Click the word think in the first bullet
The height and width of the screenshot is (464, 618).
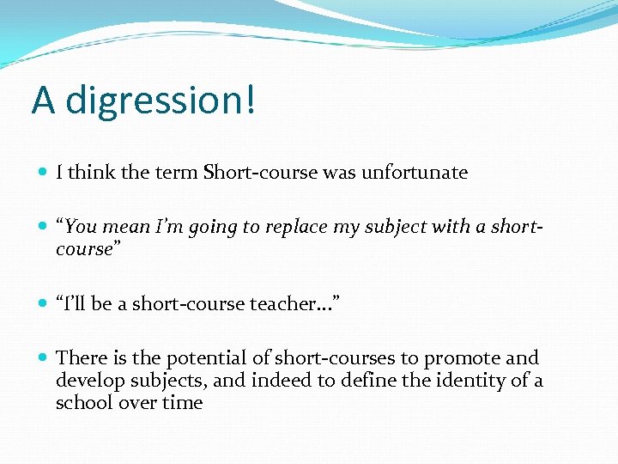(x=92, y=173)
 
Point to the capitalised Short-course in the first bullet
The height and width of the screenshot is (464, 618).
(x=261, y=173)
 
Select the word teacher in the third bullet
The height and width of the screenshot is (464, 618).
(x=287, y=303)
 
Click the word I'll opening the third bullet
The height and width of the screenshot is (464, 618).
(x=73, y=303)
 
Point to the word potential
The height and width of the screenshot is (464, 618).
(x=203, y=358)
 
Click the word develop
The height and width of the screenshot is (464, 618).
(x=88, y=381)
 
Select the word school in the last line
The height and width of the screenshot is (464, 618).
(x=82, y=403)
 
